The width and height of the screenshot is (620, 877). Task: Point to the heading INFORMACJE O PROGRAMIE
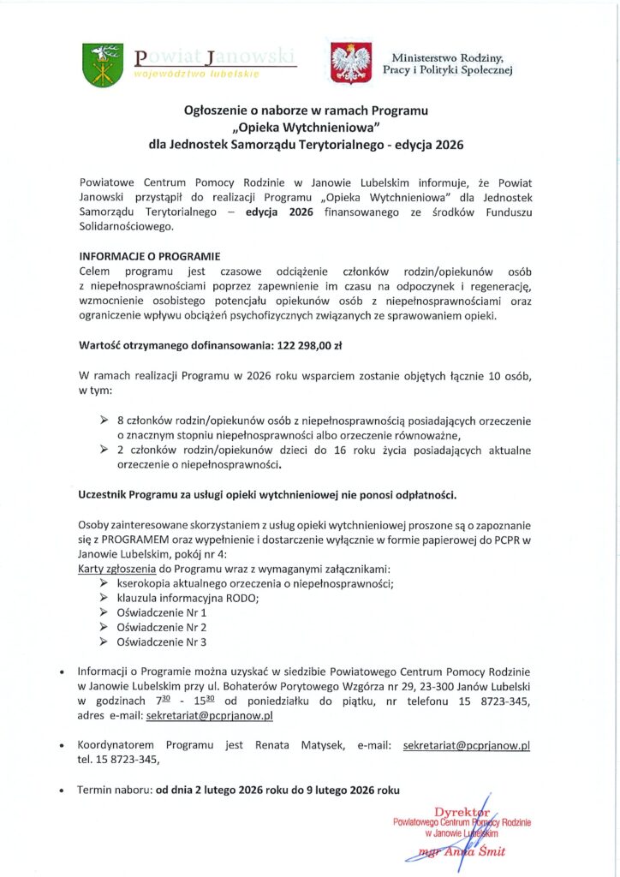(x=150, y=256)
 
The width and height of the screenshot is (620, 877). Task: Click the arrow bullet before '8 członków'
(x=104, y=421)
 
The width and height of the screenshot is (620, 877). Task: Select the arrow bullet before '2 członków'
(x=104, y=449)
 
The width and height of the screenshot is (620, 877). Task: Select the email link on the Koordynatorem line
(x=466, y=745)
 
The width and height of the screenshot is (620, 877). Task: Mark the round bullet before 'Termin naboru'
(x=62, y=790)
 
